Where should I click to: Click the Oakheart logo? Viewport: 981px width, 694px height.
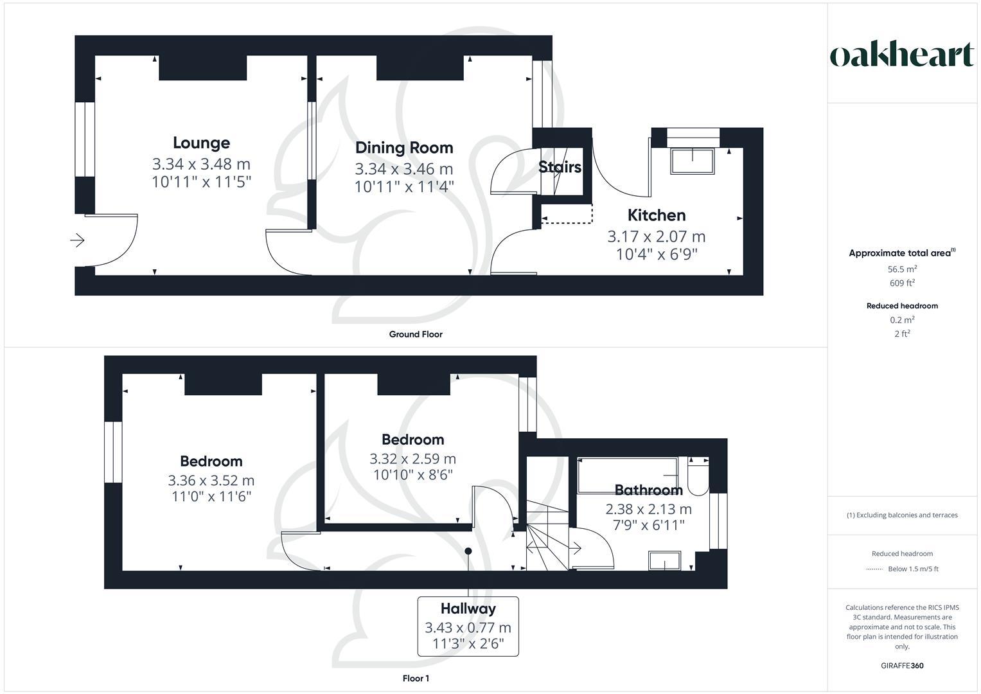tap(902, 55)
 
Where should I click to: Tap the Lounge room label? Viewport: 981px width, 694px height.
tap(201, 143)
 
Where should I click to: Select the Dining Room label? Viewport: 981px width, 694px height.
tap(404, 148)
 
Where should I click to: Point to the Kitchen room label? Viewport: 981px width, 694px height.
tap(656, 215)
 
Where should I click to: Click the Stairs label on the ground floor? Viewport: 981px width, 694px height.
tap(560, 167)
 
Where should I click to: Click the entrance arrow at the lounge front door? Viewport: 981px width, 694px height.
tap(78, 240)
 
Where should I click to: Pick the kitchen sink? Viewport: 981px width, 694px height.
tap(693, 161)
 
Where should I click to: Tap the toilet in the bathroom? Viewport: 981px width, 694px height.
tap(697, 477)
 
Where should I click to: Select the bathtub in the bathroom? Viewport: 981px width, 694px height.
tap(627, 475)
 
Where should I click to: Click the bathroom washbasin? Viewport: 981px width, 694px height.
tap(664, 561)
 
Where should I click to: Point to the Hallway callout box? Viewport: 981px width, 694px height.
tap(468, 627)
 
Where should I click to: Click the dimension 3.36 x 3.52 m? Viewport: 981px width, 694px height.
tap(211, 481)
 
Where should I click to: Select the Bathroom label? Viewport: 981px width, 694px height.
tap(648, 490)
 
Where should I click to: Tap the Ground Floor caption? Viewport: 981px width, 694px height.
tap(416, 334)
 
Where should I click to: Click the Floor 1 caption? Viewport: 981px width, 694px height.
tap(416, 679)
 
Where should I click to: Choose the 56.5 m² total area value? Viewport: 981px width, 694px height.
tap(902, 269)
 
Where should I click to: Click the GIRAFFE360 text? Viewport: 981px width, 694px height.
tap(902, 666)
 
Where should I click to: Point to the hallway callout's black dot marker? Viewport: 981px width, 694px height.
tap(468, 551)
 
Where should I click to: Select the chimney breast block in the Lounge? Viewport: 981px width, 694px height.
tap(202, 68)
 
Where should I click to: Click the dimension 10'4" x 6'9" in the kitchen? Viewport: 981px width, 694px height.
tap(656, 254)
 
